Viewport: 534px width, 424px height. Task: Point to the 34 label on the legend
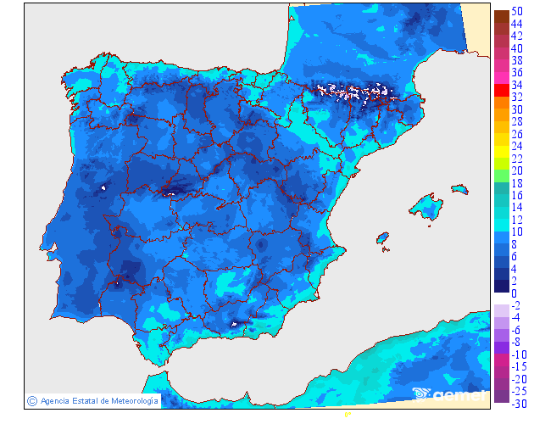coord(517,86)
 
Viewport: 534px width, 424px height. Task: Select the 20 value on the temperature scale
coord(517,171)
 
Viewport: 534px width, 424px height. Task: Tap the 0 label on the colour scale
coord(514,293)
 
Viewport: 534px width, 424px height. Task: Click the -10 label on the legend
coord(519,354)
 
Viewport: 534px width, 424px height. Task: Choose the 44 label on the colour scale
coord(517,25)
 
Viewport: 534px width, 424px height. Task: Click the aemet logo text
coord(459,393)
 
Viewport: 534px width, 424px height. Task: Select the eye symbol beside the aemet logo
coord(422,393)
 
